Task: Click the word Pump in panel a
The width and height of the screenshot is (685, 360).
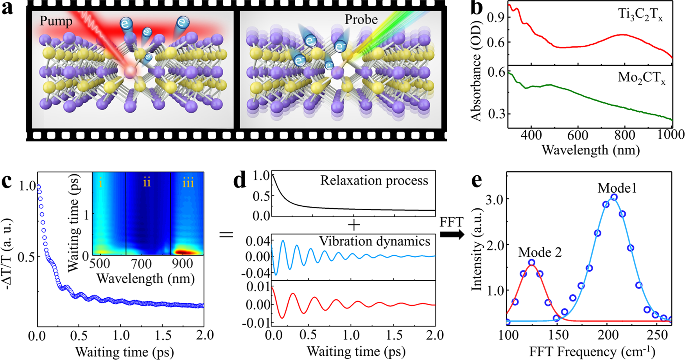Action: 56,21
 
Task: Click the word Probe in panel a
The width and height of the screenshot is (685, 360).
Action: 361,20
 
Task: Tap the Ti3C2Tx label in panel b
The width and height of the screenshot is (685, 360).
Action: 640,16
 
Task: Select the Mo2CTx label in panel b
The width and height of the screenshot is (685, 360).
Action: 641,78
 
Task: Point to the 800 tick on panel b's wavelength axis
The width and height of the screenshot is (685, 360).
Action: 624,135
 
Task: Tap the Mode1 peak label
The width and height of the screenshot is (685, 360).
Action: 617,188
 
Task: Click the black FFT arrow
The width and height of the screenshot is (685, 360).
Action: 452,235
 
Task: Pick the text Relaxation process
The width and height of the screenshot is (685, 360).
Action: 374,181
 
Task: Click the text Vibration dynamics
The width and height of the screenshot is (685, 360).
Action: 375,241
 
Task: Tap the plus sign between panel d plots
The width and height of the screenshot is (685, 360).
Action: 353,226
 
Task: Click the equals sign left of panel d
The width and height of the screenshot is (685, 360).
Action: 226,235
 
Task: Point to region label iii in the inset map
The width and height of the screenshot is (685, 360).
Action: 188,183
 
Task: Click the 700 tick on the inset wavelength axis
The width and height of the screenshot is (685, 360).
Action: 141,264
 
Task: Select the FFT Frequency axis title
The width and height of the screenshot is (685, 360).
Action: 592,351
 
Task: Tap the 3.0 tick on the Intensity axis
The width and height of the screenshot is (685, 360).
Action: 494,199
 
